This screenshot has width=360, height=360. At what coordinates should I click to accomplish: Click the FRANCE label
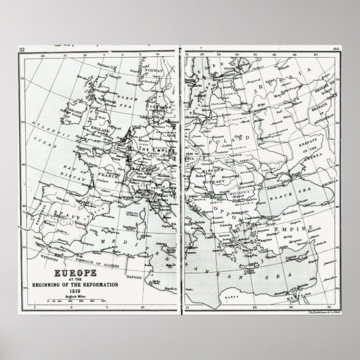110,175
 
